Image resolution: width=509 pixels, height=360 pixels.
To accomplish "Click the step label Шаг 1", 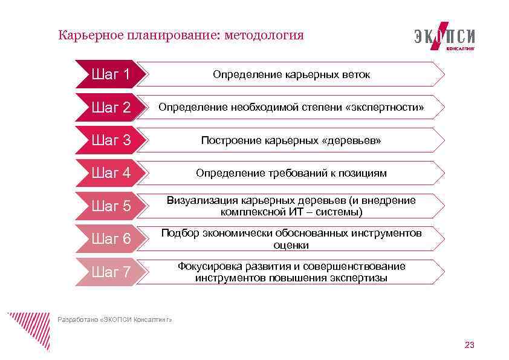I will pyautogui.click(x=111, y=74).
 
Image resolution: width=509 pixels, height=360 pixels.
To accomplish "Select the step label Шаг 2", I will pyautogui.click(x=111, y=108).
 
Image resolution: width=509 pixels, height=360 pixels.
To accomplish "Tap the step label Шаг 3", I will pyautogui.click(x=111, y=140).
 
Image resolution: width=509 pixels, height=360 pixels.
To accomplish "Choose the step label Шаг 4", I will pyautogui.click(x=111, y=173).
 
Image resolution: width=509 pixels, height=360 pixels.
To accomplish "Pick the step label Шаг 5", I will pyautogui.click(x=111, y=206).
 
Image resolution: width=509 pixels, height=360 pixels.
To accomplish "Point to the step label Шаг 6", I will pyautogui.click(x=111, y=239).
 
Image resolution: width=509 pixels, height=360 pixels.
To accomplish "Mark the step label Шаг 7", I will pyautogui.click(x=111, y=272).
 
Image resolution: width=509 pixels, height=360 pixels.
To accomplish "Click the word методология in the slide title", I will pyautogui.click(x=264, y=35).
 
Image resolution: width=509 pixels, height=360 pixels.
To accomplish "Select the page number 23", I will pyautogui.click(x=469, y=345).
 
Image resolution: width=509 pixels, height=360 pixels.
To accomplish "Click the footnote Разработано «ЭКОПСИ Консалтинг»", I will pyautogui.click(x=114, y=319).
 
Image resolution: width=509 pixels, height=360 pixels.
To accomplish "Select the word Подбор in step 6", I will pyautogui.click(x=180, y=234).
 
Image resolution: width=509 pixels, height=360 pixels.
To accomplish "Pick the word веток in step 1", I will pyautogui.click(x=357, y=75).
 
